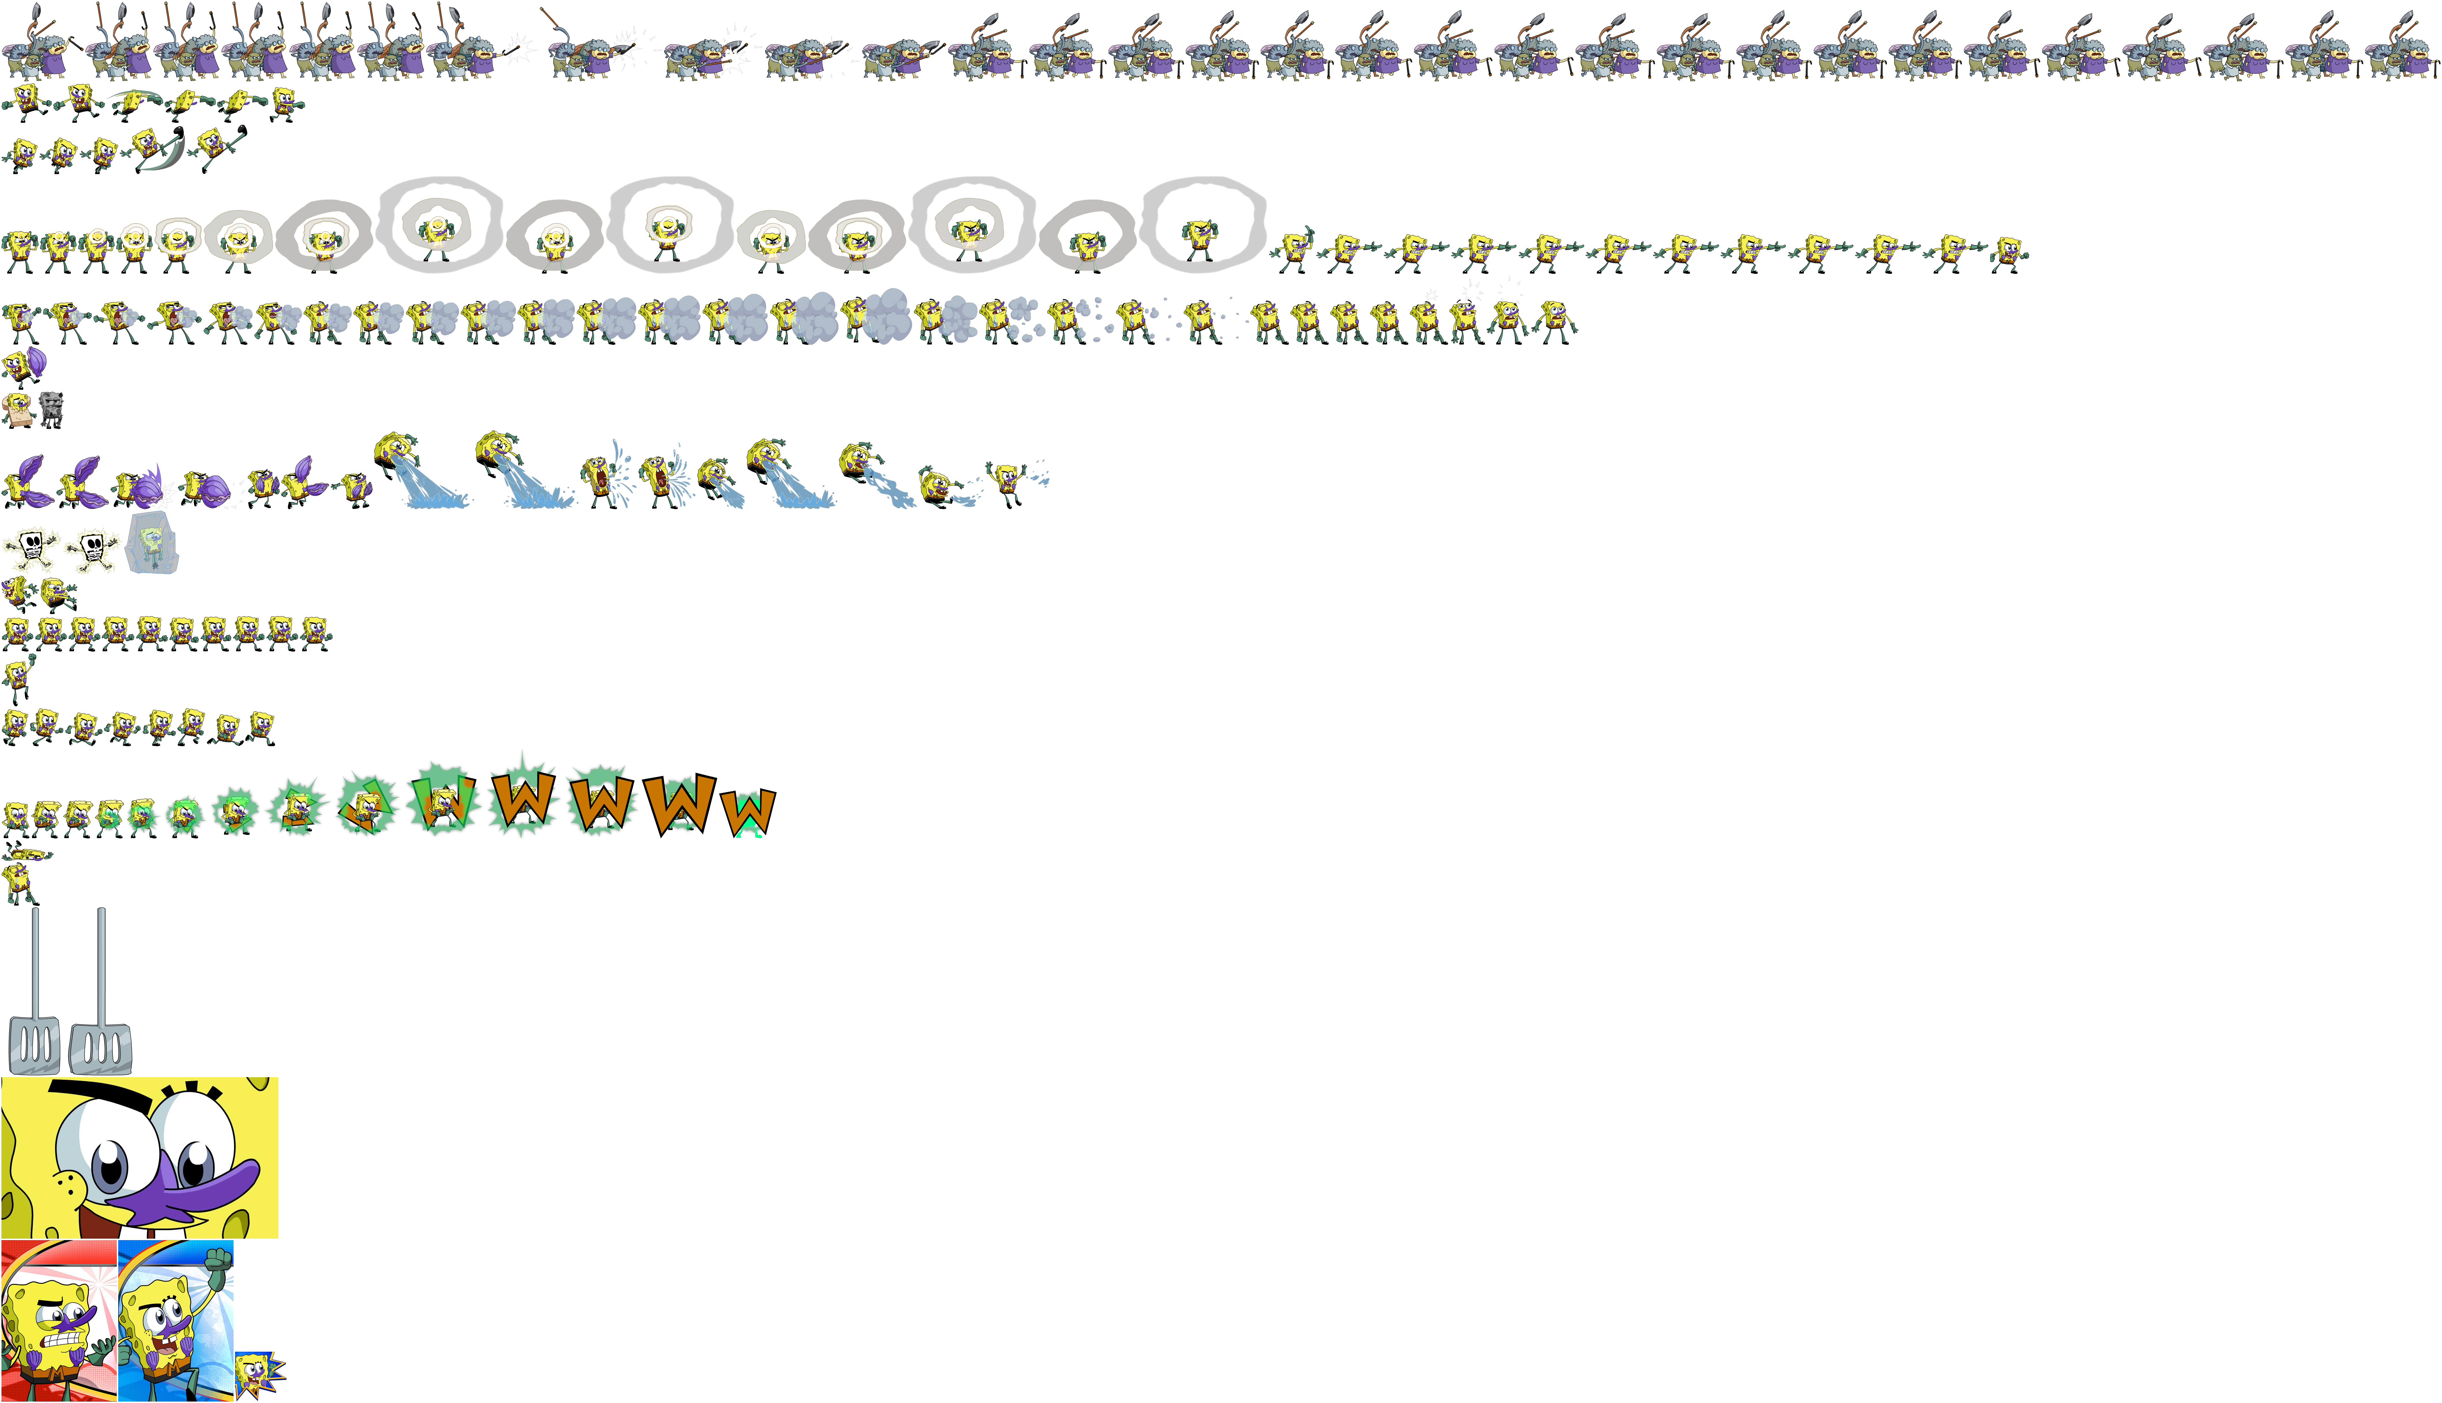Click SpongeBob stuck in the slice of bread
[x=17, y=409]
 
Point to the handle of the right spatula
[x=101, y=964]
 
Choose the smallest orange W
[x=749, y=812]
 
